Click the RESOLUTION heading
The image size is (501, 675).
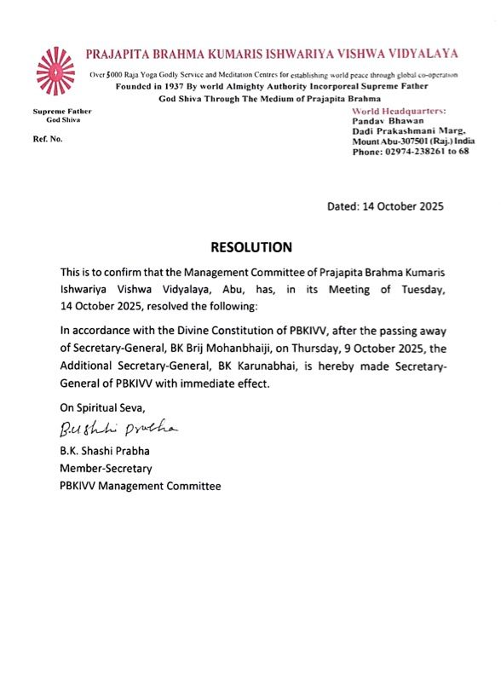coord(251,247)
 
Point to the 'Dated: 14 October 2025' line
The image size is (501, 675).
coord(386,205)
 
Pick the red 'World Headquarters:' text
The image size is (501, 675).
coord(398,112)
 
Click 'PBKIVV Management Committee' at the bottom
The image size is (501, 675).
coord(140,486)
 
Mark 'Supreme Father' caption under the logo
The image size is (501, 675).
coord(62,112)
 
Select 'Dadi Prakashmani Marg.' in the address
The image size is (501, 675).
coord(401,131)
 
